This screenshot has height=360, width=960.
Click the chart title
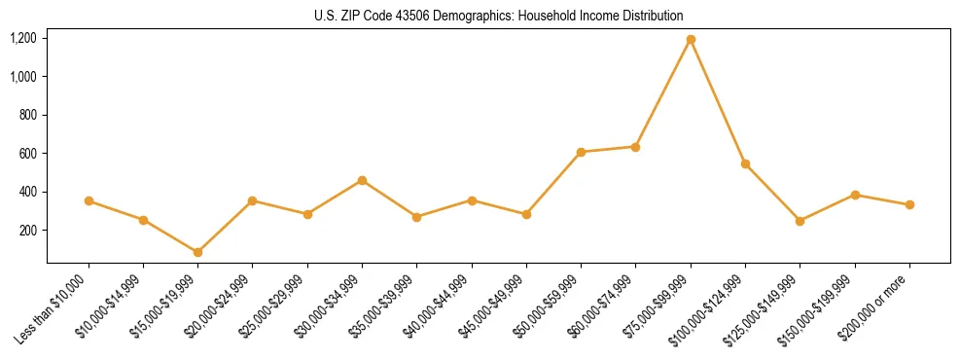[498, 16]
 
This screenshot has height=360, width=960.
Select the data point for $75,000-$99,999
[691, 40]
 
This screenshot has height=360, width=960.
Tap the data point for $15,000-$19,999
[198, 252]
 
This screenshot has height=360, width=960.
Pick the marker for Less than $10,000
[89, 200]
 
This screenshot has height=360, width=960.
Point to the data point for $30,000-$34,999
[362, 180]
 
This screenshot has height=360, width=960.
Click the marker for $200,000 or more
[909, 204]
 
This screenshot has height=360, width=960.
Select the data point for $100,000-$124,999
[745, 163]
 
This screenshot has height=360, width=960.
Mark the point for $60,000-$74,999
[635, 147]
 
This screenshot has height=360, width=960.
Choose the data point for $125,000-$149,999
[800, 221]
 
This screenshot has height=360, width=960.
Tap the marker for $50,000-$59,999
[581, 152]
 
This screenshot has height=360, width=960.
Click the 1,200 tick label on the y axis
[22, 38]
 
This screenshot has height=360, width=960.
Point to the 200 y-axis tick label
[28, 231]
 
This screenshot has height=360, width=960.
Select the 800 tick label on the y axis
[28, 115]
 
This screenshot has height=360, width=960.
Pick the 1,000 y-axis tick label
[22, 76]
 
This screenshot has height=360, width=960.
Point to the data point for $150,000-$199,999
[855, 195]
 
